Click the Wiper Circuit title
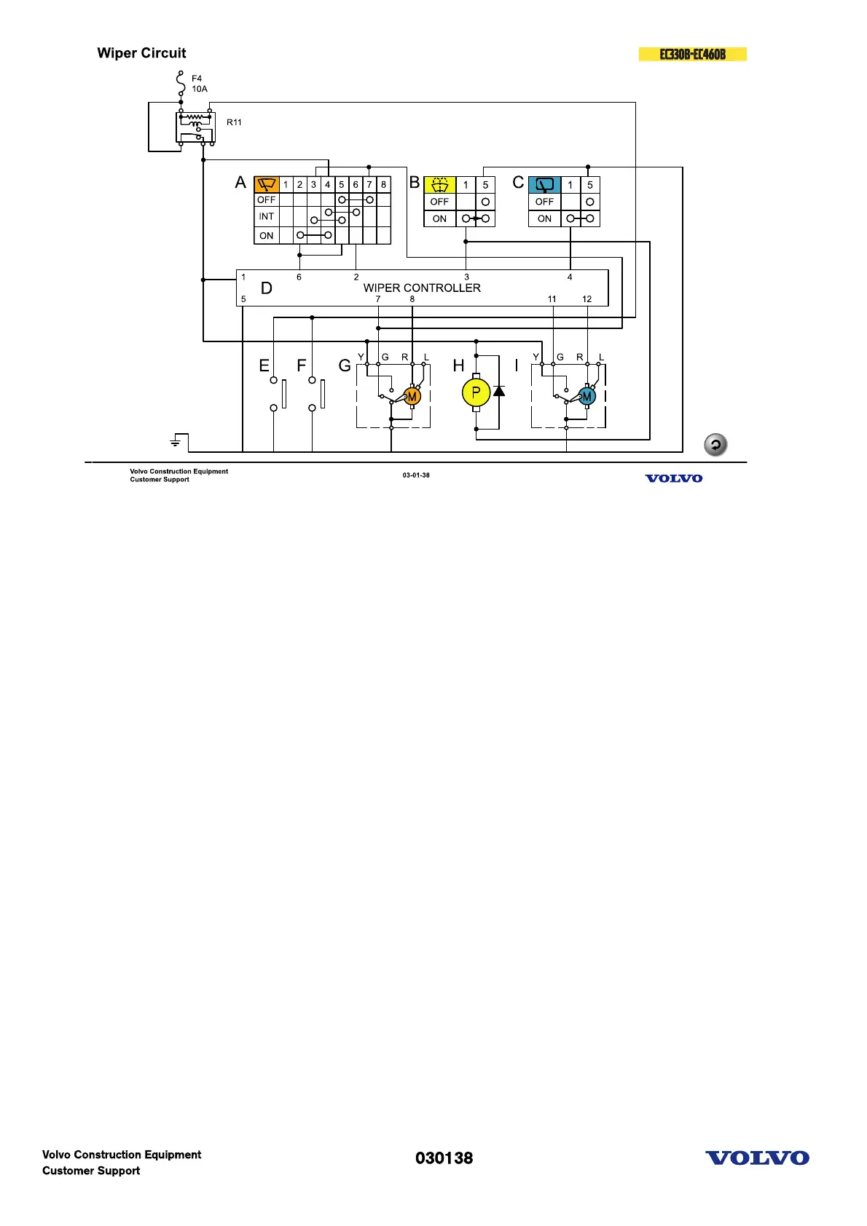(141, 53)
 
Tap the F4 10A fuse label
(199, 84)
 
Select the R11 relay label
(234, 122)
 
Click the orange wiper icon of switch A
(267, 184)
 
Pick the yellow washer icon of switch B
(439, 184)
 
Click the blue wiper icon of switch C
(544, 184)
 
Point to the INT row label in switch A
(267, 216)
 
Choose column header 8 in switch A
(383, 184)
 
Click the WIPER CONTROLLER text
(422, 288)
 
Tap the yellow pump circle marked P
(476, 393)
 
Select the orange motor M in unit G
(412, 397)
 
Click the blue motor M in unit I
(586, 397)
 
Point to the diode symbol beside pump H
(499, 391)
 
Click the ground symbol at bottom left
(176, 441)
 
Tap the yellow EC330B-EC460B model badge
(692, 55)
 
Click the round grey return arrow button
(715, 444)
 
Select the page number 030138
(444, 1158)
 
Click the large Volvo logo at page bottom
(757, 1158)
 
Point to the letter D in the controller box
(267, 288)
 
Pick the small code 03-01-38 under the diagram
(416, 475)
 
